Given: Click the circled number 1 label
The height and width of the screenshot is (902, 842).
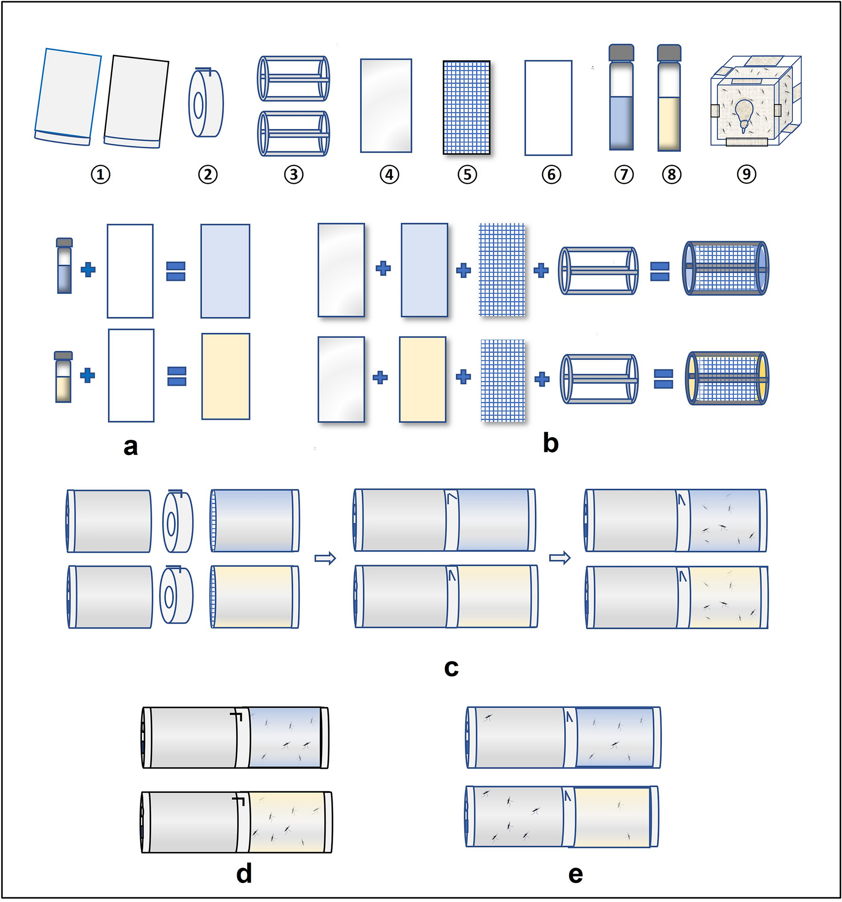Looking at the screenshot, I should (x=100, y=174).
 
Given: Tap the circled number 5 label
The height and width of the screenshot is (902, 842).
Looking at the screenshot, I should (x=467, y=174).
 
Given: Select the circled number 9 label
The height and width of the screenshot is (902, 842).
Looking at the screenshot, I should (x=747, y=174).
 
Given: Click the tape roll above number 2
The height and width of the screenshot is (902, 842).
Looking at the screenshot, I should (x=206, y=103).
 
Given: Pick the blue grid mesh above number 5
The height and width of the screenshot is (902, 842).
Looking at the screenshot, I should (x=467, y=108).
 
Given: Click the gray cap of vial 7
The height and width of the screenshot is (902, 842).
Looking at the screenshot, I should (x=621, y=52).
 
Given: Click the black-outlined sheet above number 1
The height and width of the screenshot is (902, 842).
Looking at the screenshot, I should (x=136, y=101).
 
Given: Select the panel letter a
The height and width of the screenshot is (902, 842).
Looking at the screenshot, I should (x=130, y=446).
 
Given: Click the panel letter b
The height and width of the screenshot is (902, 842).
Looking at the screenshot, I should (x=550, y=443).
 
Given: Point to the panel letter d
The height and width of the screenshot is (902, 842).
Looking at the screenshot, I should (x=244, y=873).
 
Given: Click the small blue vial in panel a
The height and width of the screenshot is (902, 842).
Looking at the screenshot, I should (x=64, y=266).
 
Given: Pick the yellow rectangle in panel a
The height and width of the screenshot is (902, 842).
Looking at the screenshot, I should (x=225, y=376).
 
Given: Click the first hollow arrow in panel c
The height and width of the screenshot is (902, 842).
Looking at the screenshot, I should (x=325, y=557).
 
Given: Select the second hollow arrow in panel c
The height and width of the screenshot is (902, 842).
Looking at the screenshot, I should (x=560, y=557).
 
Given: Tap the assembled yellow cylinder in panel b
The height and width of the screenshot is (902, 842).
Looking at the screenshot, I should (x=727, y=378).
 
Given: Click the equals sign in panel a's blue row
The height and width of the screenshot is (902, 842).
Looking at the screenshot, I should (x=176, y=271).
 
